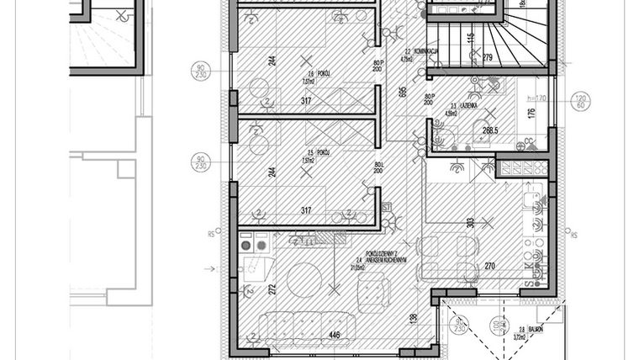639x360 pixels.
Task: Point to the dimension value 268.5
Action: [490, 130]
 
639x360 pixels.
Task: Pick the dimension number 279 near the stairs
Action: [487, 57]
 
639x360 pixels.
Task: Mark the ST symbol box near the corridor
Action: [386, 207]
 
